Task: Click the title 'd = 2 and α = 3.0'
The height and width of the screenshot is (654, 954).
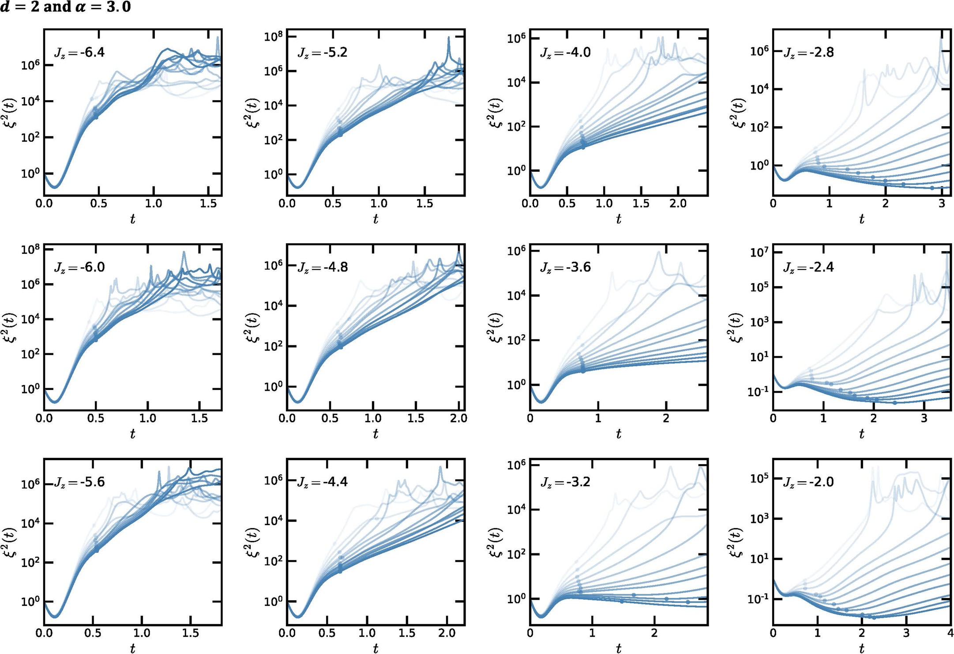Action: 65,7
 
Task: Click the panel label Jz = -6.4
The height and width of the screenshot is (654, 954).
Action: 79,53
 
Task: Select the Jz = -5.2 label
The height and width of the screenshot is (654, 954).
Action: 322,53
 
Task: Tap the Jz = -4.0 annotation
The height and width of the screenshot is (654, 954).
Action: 565,53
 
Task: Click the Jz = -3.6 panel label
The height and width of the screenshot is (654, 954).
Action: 565,268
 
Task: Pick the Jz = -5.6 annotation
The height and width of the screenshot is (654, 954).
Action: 79,482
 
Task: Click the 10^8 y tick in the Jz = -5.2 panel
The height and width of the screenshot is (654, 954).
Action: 274,37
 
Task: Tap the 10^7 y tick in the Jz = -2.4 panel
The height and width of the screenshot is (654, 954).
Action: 760,253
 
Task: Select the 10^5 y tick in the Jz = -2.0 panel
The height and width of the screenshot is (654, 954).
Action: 760,479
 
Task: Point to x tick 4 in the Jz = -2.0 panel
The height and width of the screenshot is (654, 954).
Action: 950,634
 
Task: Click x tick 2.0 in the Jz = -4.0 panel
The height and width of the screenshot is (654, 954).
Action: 678,204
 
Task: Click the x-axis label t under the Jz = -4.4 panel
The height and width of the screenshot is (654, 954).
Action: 376,648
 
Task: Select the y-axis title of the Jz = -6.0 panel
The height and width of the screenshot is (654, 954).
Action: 11,327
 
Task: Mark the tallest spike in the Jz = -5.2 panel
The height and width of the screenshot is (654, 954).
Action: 449,38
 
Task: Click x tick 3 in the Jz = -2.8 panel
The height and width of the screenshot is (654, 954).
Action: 941,204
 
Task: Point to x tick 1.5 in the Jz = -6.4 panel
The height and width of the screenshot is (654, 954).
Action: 208,204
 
